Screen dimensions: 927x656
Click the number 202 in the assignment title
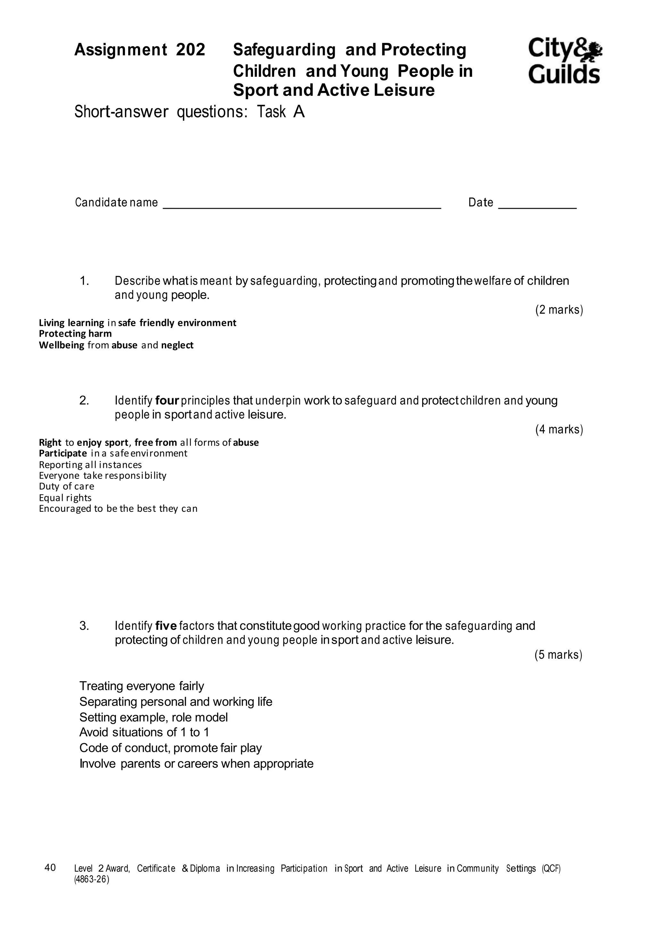coord(191,50)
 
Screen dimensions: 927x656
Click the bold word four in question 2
coord(167,400)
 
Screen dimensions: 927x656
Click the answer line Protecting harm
coord(75,334)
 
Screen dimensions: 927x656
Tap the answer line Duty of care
coord(66,486)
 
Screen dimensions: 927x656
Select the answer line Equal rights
coord(65,497)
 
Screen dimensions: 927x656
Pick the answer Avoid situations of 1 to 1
coord(144,732)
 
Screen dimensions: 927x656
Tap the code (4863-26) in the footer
coord(92,880)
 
